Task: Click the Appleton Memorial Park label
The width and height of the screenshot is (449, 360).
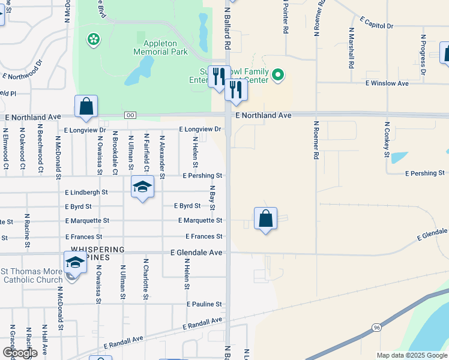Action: (x=166, y=47)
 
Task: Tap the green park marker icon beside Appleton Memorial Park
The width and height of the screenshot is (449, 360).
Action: (x=94, y=40)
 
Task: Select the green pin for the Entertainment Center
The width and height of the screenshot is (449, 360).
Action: (x=277, y=75)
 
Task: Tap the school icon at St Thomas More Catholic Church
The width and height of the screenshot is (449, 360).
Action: (x=75, y=262)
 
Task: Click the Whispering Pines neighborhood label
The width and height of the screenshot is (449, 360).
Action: (x=98, y=253)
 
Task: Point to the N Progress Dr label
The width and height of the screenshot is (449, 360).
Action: (x=423, y=54)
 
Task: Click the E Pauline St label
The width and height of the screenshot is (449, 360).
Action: (x=204, y=304)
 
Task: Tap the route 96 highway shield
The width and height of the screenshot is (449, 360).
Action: (x=376, y=328)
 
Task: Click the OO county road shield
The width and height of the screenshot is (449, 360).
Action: (x=130, y=115)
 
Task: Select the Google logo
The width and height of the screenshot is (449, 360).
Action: (x=20, y=352)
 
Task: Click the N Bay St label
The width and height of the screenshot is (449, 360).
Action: (x=212, y=199)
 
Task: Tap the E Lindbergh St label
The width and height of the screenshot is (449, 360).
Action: (x=86, y=193)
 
